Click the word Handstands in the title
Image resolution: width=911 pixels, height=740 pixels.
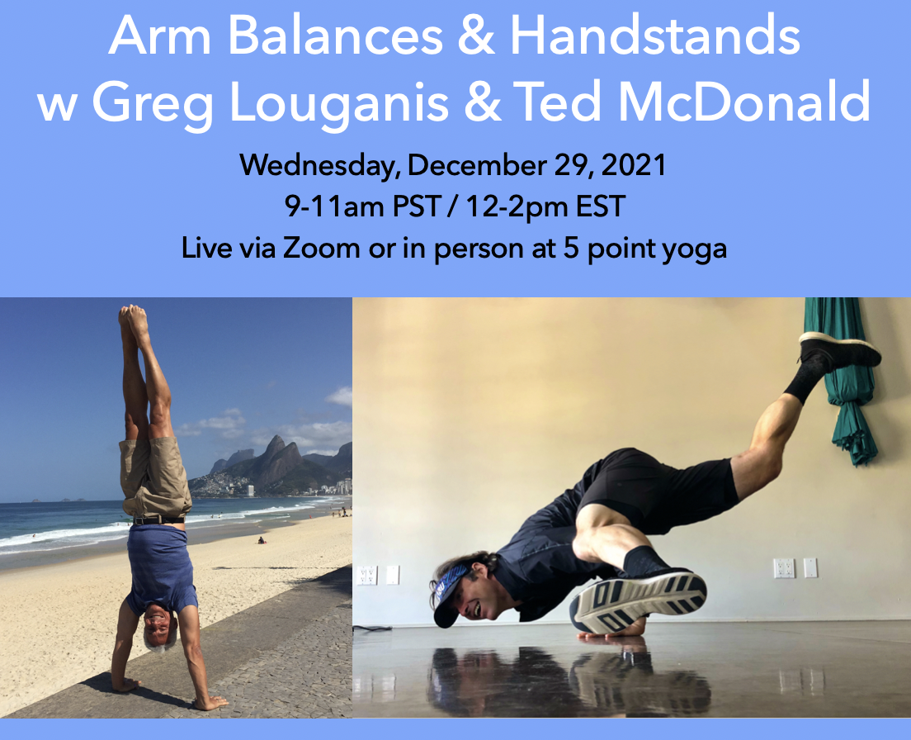(x=656, y=36)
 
